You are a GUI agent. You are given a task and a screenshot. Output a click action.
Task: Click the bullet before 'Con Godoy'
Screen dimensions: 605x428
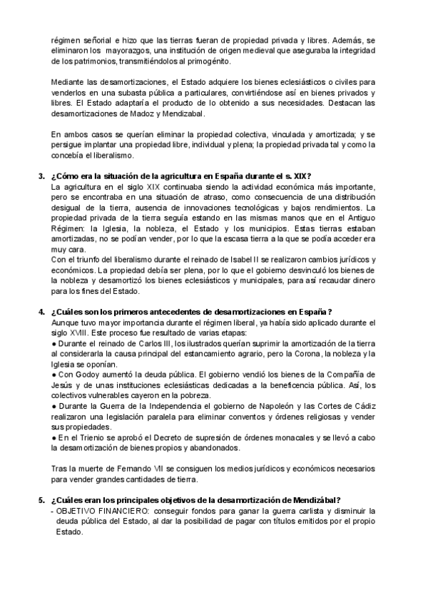tap(54, 374)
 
